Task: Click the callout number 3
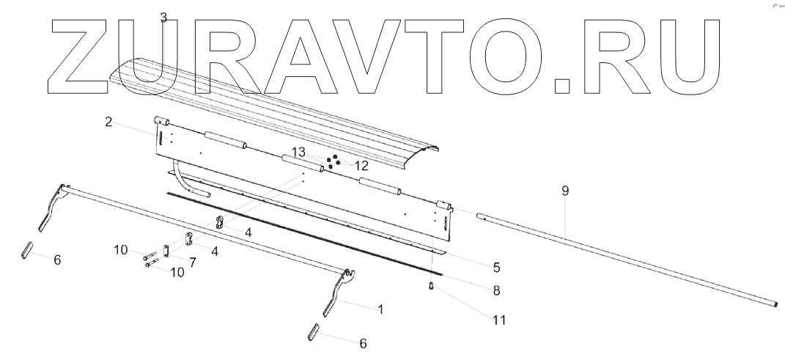click(x=163, y=18)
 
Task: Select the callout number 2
click(x=108, y=122)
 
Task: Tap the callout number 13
click(x=298, y=152)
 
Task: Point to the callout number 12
click(x=361, y=166)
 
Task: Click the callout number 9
click(x=564, y=191)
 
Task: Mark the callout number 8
click(x=496, y=290)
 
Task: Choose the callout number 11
click(x=500, y=320)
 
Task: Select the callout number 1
click(x=380, y=309)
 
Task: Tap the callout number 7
click(x=193, y=262)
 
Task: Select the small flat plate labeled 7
click(x=166, y=251)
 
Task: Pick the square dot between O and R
click(x=563, y=84)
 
